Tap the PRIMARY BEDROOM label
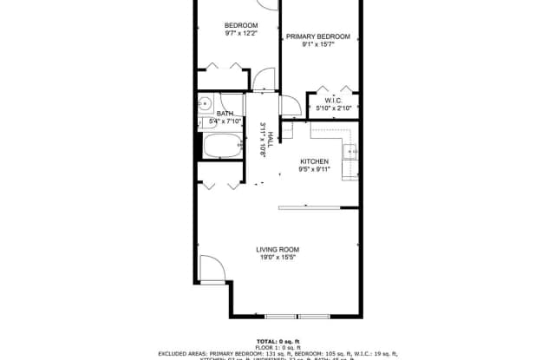pyautogui.click(x=318, y=36)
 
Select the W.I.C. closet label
pyautogui.click(x=336, y=101)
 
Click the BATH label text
pyautogui.click(x=225, y=114)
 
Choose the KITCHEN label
pyautogui.click(x=314, y=161)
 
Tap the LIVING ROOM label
pyautogui.click(x=277, y=250)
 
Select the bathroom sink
pyautogui.click(x=206, y=105)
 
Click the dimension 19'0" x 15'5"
pyautogui.click(x=277, y=258)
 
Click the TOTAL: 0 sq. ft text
pyautogui.click(x=277, y=340)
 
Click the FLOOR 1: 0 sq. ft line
pyautogui.click(x=277, y=347)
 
